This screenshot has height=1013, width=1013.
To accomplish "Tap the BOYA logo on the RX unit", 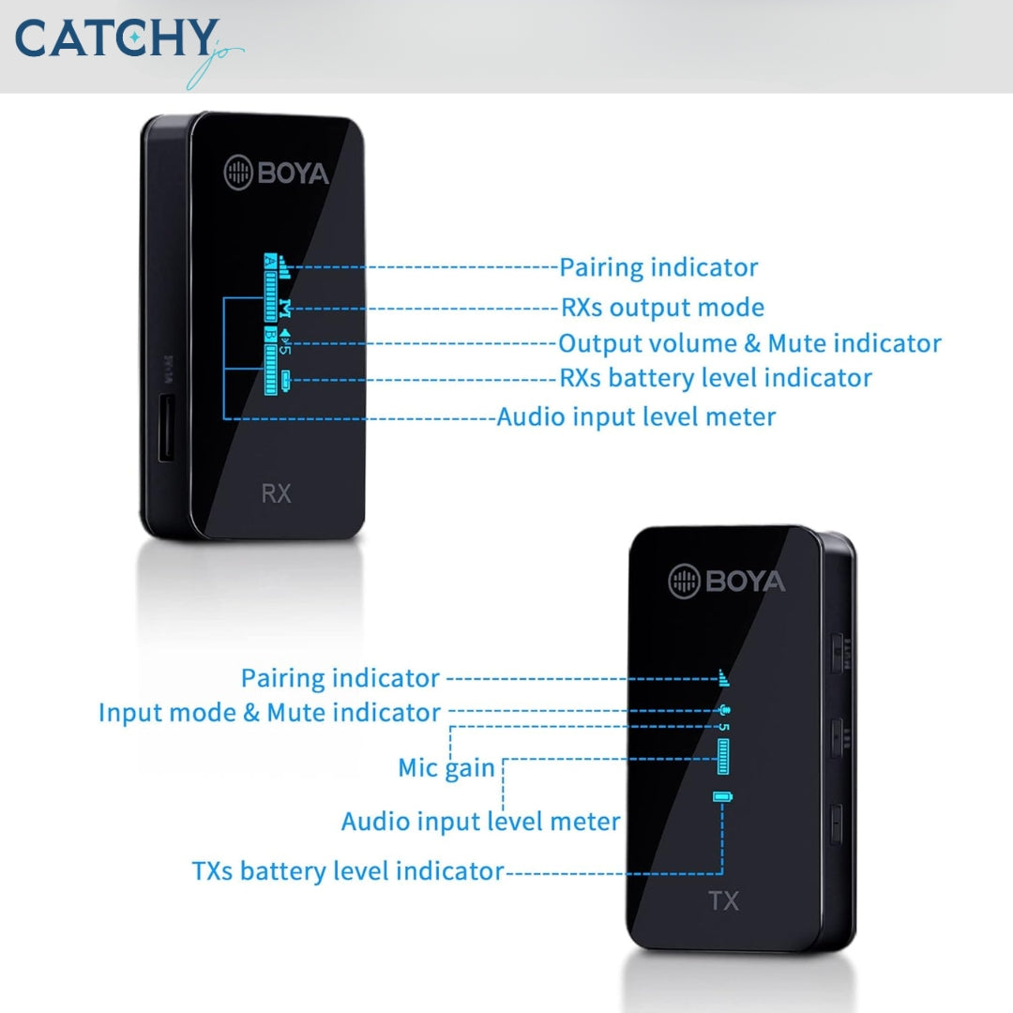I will tap(276, 173).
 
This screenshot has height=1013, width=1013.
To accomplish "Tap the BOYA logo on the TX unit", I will tap(727, 582).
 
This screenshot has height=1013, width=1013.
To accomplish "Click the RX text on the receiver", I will tap(276, 493).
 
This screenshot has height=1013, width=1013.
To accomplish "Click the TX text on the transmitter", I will tap(723, 901).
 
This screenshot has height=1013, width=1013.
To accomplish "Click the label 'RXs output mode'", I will tap(662, 307).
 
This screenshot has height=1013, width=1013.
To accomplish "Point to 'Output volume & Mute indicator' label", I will tap(749, 343).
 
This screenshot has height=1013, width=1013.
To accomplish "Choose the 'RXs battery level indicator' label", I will tap(716, 378).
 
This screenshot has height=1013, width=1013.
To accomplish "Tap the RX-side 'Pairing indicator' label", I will tap(658, 267).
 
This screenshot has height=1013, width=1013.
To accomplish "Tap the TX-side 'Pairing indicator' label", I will tap(340, 677).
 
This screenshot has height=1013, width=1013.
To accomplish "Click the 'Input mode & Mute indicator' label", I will tap(269, 712).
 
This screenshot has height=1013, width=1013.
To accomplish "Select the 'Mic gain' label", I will tap(446, 767).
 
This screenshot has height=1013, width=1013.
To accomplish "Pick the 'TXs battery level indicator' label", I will tap(348, 870).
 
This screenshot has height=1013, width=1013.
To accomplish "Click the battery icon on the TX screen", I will tap(722, 796).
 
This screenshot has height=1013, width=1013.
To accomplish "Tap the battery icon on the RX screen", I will tap(286, 380).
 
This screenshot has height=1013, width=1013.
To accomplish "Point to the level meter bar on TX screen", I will tap(723, 756).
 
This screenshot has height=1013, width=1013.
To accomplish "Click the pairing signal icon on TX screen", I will tap(722, 676).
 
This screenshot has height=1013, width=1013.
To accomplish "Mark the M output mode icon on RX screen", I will tap(286, 307).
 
